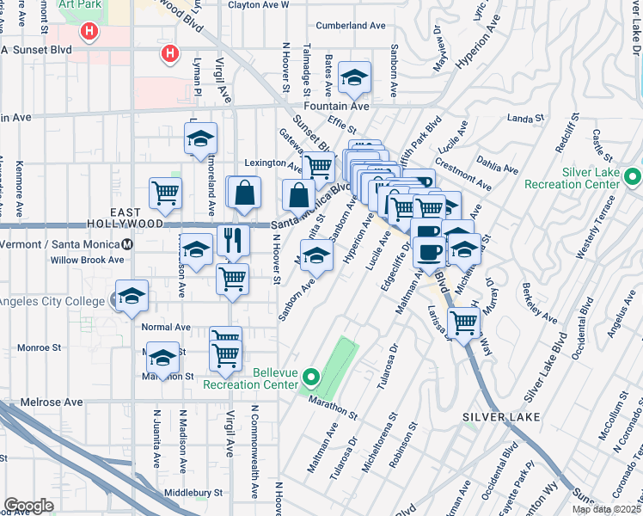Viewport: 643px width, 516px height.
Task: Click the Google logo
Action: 29,505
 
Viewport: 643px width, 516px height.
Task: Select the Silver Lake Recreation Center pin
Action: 634,177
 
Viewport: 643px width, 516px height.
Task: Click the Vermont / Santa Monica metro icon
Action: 127,244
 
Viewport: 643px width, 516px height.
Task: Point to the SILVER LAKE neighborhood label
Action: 502,417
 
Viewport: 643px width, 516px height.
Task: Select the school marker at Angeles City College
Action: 132,298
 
